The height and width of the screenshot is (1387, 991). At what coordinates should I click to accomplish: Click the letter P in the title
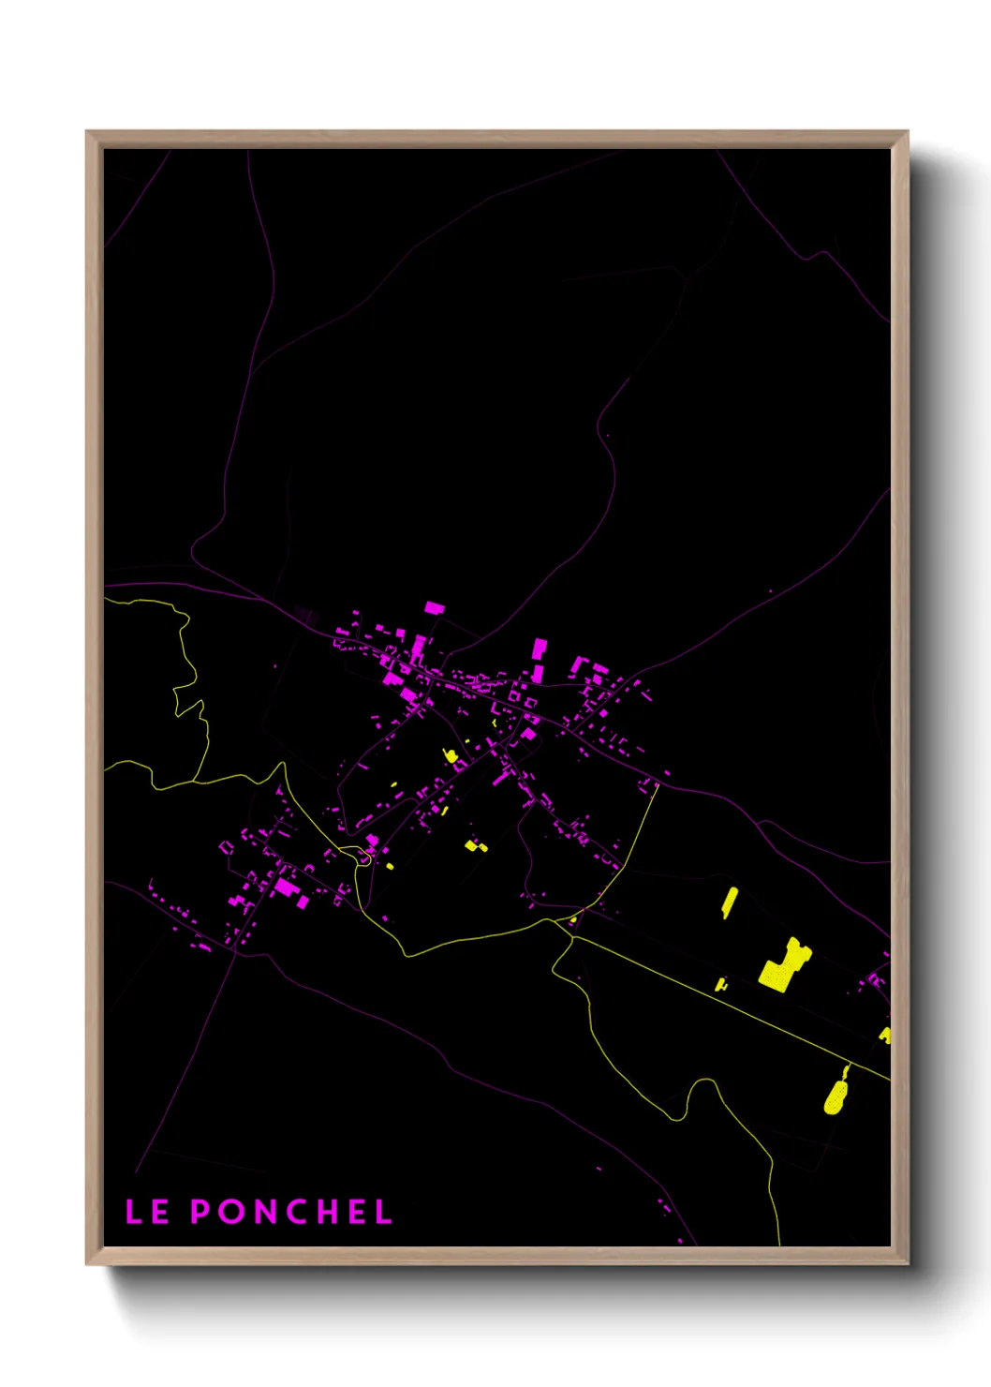(x=200, y=1212)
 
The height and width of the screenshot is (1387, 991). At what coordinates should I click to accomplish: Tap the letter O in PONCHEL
(x=230, y=1212)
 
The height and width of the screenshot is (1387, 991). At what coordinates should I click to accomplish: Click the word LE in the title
(x=147, y=1212)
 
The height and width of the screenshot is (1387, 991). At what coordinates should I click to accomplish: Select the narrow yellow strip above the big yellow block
(x=729, y=902)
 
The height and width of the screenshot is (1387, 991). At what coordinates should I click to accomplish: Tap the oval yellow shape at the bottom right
(x=835, y=1095)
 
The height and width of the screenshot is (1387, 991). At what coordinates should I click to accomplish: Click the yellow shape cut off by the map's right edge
(x=885, y=1036)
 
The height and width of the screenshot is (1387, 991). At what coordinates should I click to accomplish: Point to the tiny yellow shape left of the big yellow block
(x=720, y=984)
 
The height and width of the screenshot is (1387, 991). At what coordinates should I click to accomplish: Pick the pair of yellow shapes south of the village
(x=477, y=846)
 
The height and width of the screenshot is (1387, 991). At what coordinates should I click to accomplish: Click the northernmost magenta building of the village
(x=434, y=607)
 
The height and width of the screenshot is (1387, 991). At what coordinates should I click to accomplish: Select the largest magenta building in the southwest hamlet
(x=286, y=886)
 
